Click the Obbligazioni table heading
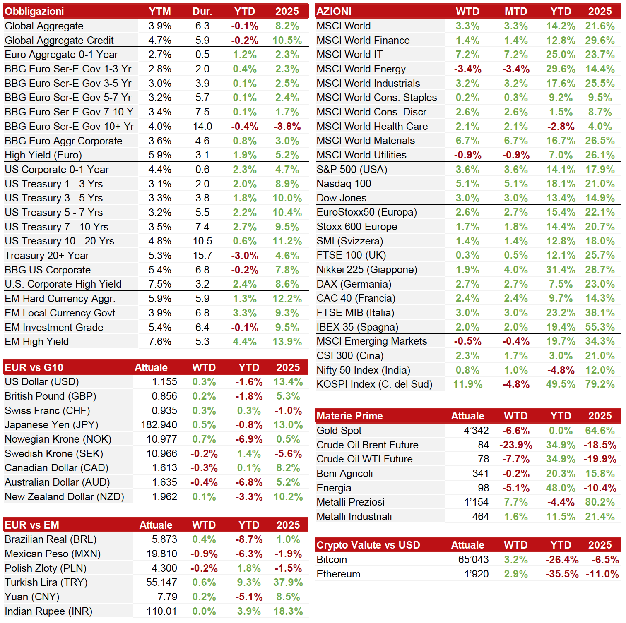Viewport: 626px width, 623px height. point(34,12)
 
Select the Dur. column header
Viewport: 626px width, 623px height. point(202,12)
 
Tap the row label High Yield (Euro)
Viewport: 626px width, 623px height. point(43,155)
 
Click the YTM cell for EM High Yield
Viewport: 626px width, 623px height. point(160,342)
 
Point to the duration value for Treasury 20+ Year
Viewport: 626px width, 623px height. point(202,256)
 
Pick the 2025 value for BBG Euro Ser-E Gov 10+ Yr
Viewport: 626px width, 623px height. point(287,127)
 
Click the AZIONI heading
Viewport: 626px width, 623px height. point(334,12)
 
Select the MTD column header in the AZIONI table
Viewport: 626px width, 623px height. point(516,12)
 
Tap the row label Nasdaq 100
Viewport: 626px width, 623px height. point(344,184)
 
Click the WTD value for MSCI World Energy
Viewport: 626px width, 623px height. point(468,69)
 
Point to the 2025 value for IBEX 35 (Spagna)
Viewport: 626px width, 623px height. point(600,327)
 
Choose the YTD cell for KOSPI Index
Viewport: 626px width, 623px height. point(561,384)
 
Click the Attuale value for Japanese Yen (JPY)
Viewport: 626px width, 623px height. point(159,425)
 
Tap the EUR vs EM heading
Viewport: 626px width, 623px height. point(32,525)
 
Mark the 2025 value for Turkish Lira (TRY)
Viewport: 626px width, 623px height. point(288,582)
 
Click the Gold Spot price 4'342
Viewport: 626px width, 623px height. point(476,431)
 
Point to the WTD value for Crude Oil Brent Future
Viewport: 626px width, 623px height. point(516,445)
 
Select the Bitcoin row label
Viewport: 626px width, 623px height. point(332,560)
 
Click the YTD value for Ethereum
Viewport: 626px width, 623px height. point(562,574)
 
